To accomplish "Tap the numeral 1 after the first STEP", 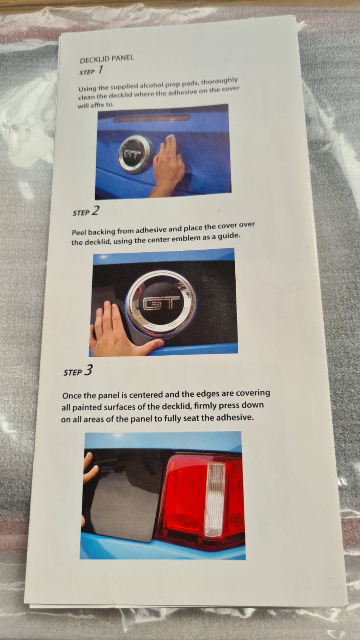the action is coord(100,70).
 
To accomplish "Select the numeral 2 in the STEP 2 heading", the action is coord(96,211).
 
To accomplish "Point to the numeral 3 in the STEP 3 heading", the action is coord(88,370).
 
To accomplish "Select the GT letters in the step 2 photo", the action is coord(162,303).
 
